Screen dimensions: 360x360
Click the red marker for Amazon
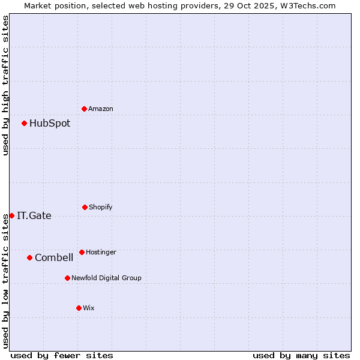85,109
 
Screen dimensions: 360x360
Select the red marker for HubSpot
25,124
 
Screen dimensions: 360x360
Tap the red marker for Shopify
85,207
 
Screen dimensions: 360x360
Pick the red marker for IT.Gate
11,215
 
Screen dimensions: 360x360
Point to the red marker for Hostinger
82,252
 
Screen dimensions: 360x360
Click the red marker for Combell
29,257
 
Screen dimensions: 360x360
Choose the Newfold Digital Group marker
67,278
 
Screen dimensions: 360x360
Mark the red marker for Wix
79,308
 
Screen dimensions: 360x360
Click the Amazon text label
101,109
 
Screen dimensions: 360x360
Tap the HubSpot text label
50,124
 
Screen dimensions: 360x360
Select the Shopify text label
101,207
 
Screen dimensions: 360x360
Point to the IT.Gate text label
34,216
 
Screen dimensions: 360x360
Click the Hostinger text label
101,252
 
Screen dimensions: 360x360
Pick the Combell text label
54,258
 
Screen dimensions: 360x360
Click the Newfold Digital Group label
106,278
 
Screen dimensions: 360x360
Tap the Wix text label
89,308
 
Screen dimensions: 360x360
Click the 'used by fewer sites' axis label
62,355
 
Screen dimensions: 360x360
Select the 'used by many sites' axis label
301,355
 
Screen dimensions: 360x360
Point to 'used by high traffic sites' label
5,85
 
